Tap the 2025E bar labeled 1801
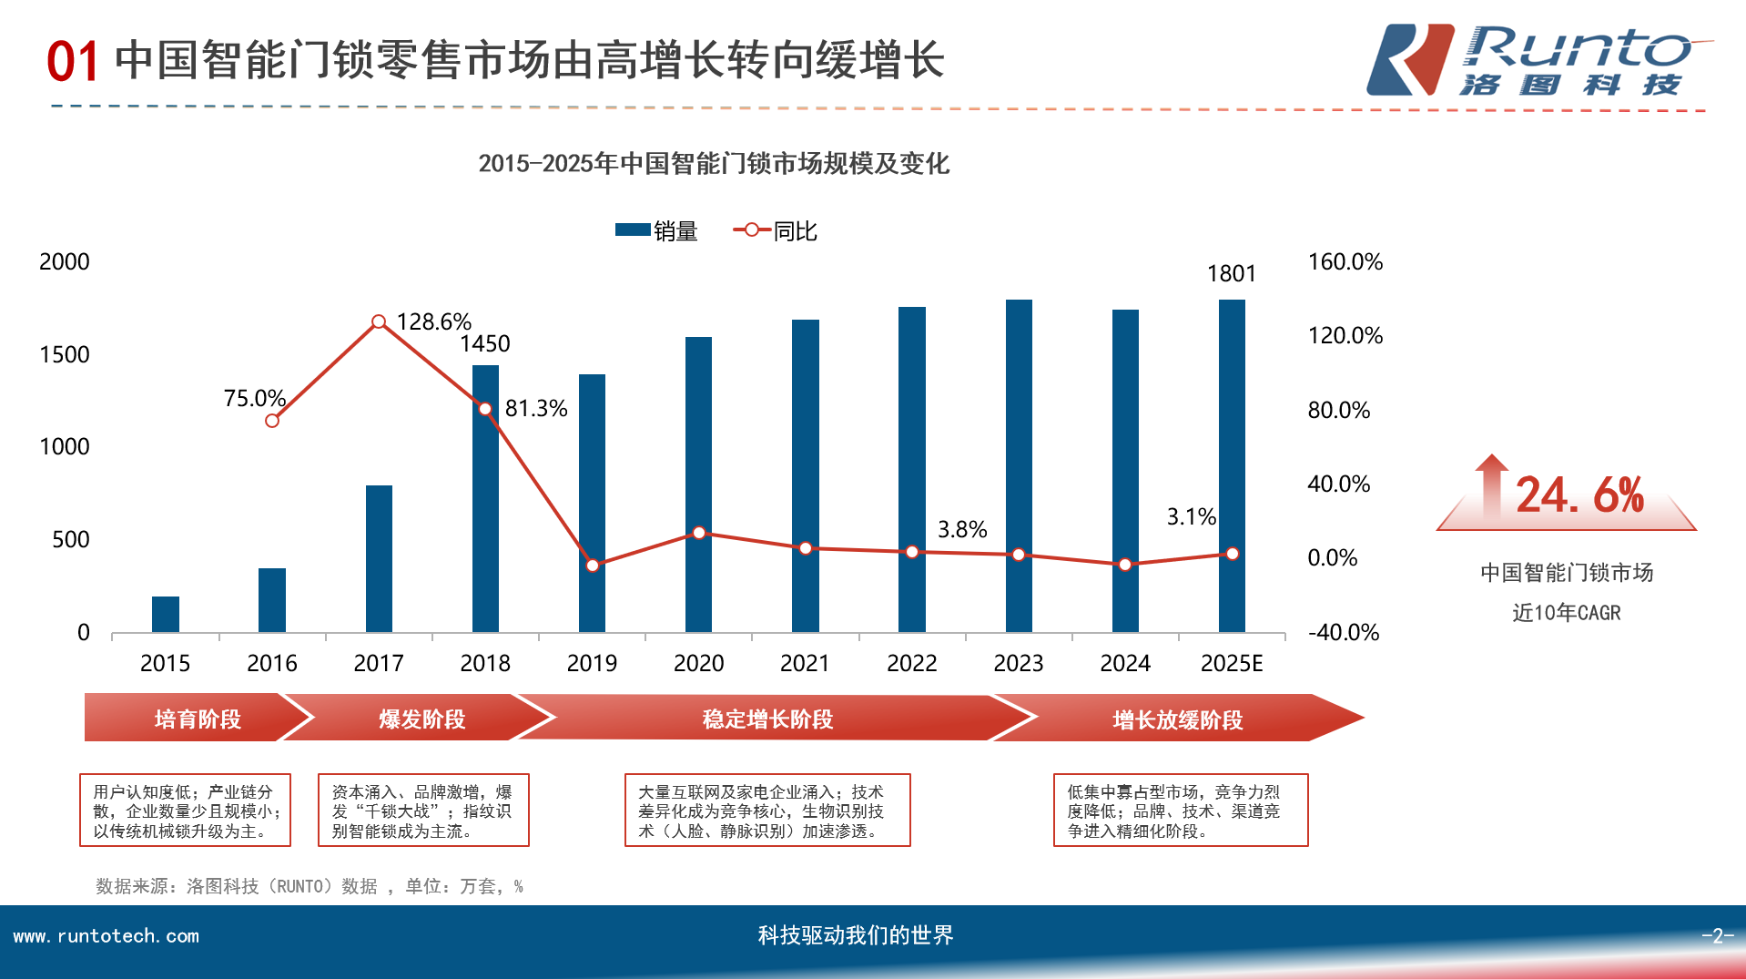click(x=1232, y=465)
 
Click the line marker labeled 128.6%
click(x=379, y=321)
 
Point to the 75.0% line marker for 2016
click(x=272, y=421)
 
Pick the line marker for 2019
click(x=593, y=566)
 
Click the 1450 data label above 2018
click(x=484, y=343)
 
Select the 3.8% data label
click(x=962, y=529)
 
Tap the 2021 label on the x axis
click(x=805, y=663)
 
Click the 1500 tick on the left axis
click(x=65, y=354)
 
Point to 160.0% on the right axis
click(x=1345, y=262)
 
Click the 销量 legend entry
click(x=656, y=231)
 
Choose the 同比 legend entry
click(x=776, y=231)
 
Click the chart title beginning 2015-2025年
click(x=714, y=164)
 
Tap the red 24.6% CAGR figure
click(x=1579, y=495)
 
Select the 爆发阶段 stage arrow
click(x=421, y=719)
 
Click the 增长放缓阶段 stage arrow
click(x=1177, y=719)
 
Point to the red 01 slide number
click(x=72, y=62)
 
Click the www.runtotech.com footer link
click(x=106, y=936)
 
